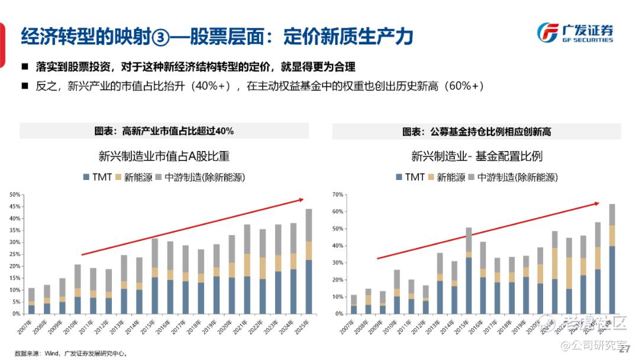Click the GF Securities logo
[x=575, y=33]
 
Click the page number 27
[x=624, y=349]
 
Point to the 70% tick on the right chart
[x=337, y=194]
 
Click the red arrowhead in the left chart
[x=301, y=201]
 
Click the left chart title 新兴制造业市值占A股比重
[x=164, y=157]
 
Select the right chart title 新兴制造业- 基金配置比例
[x=477, y=157]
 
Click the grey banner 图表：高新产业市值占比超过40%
[x=164, y=131]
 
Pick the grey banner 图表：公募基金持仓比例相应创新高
[x=477, y=131]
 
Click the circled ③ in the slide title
[x=160, y=37]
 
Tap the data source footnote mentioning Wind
[x=71, y=353]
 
